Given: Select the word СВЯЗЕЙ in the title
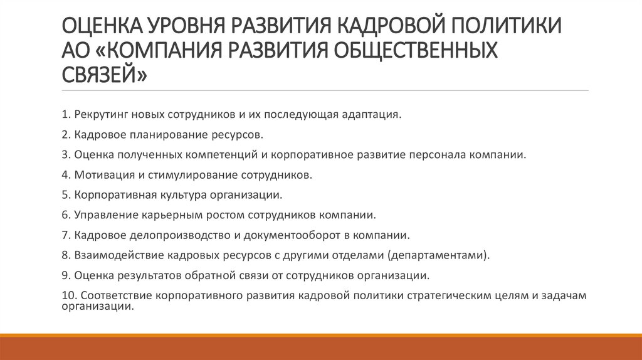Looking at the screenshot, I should coord(105,74).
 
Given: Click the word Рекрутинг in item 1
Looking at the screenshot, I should coord(100,115).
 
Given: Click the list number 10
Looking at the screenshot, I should coord(68,295).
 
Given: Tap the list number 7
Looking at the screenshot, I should coord(66,235).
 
